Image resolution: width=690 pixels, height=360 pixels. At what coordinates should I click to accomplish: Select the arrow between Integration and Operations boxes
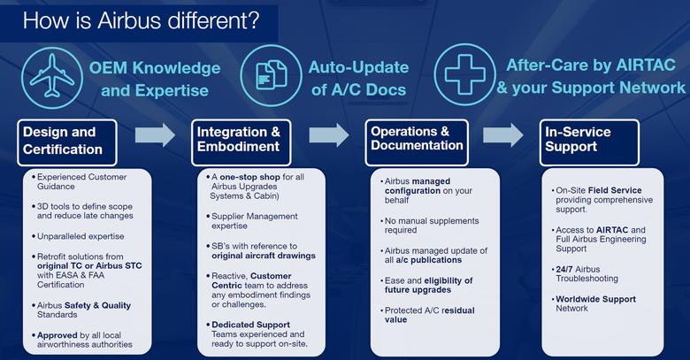tap(329, 135)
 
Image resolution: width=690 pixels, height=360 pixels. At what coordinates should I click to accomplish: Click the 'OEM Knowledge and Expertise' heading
tap(154, 78)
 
